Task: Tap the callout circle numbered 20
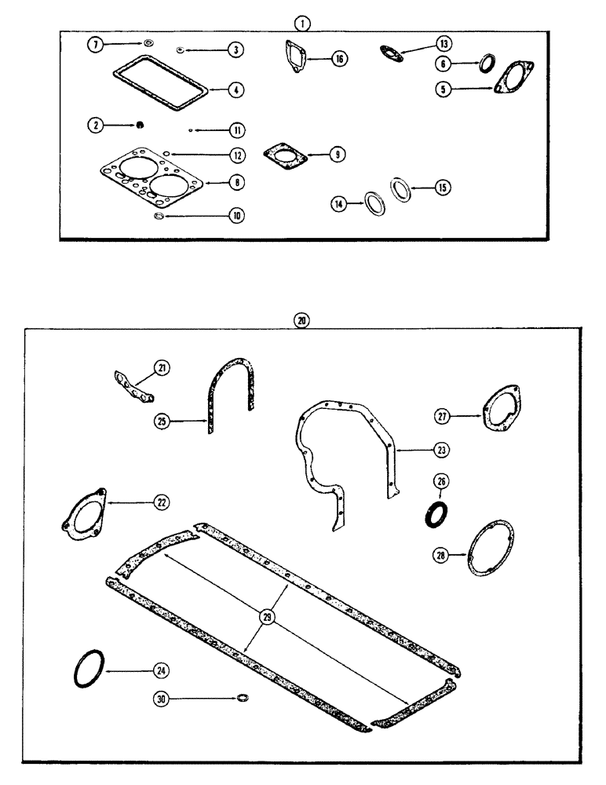tap(303, 319)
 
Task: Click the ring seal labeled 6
tap(487, 62)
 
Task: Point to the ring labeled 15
tap(401, 189)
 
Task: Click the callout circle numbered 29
tap(267, 617)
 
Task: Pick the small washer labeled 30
tap(243, 697)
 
